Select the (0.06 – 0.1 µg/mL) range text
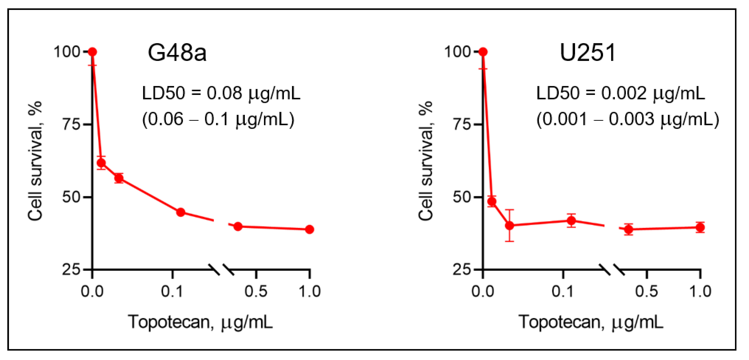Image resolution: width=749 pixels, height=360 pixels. coord(218,119)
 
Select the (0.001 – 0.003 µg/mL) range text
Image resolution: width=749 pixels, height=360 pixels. coord(628,119)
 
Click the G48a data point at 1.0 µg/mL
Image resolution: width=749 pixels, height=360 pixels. coord(309,229)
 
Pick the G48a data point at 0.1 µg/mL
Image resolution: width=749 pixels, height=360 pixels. coord(181,212)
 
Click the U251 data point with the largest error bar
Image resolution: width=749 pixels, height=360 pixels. coord(509,225)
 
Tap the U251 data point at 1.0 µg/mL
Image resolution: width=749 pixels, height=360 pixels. coord(700,227)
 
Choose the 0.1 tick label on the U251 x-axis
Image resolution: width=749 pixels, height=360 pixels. coord(563,291)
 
